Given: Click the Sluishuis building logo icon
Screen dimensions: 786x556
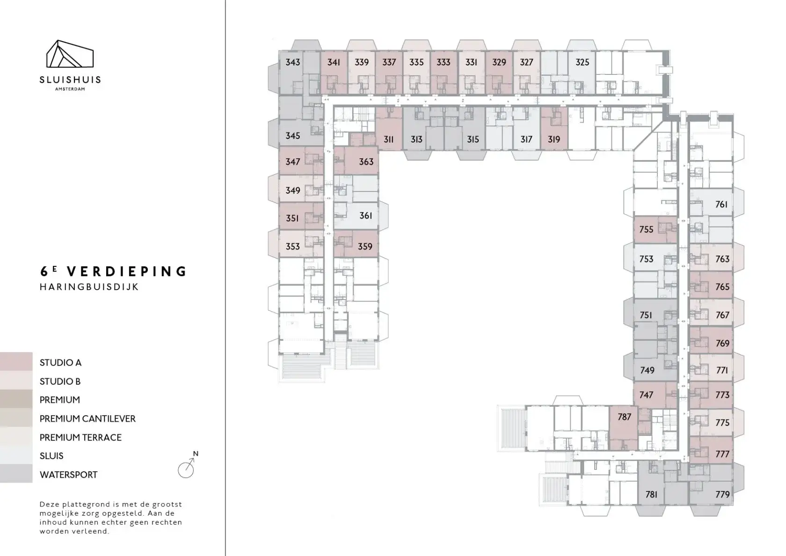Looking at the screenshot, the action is pos(70,54).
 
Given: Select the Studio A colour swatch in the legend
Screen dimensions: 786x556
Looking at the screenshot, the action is pos(16,361).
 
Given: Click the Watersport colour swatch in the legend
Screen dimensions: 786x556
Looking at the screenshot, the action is pos(16,474).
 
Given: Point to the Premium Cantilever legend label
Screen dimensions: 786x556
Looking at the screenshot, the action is pos(87,419).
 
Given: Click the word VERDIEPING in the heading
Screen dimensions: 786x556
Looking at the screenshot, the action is pos(127,271).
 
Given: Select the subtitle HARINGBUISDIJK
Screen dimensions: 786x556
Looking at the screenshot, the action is pos(89,287).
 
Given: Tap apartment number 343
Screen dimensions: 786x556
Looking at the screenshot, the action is pos(293,62).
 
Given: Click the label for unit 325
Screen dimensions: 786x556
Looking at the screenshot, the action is pos(582,62).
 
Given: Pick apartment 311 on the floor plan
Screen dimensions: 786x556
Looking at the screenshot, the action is pos(388,139).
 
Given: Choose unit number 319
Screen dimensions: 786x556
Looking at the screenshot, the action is pos(554,139).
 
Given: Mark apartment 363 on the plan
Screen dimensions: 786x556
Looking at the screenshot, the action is pos(366,161).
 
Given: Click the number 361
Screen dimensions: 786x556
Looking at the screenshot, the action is pos(366,215).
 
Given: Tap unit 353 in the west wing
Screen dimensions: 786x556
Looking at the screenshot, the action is pos(293,246).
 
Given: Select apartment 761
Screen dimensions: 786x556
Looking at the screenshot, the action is pos(721,204).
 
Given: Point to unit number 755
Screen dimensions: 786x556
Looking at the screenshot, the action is pos(647,229).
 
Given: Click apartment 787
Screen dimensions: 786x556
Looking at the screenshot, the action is pos(625,417).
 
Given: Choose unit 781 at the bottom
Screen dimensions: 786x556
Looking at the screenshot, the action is pos(651,494).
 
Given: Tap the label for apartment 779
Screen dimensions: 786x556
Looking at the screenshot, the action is pos(722,494).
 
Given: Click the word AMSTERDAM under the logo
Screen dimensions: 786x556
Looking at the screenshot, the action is pos(70,89).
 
